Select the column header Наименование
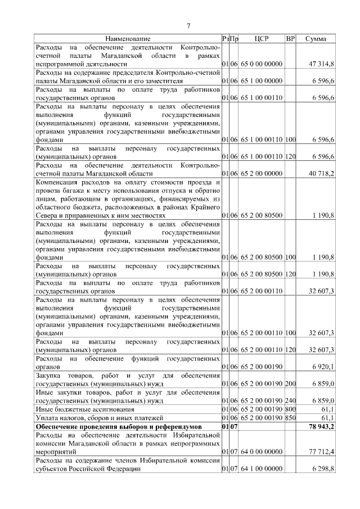point(128,39)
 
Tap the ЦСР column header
point(262,39)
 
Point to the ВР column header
point(290,39)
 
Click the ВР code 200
point(290,383)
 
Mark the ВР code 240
point(290,400)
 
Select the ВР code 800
point(290,409)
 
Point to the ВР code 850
point(290,418)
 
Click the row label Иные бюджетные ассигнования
point(83,409)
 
